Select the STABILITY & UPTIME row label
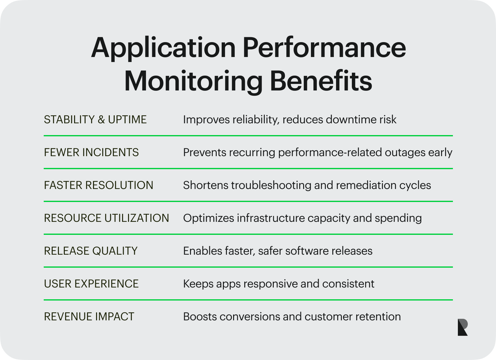click(x=95, y=120)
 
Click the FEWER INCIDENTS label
click(x=91, y=152)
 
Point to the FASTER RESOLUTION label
click(x=99, y=185)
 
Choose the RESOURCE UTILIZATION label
click(x=106, y=218)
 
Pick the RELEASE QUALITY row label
click(x=91, y=251)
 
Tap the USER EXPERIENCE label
click(x=91, y=284)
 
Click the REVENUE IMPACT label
click(x=89, y=317)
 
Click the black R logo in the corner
click(x=462, y=327)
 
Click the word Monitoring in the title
click(x=193, y=81)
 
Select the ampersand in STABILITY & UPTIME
click(x=101, y=120)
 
